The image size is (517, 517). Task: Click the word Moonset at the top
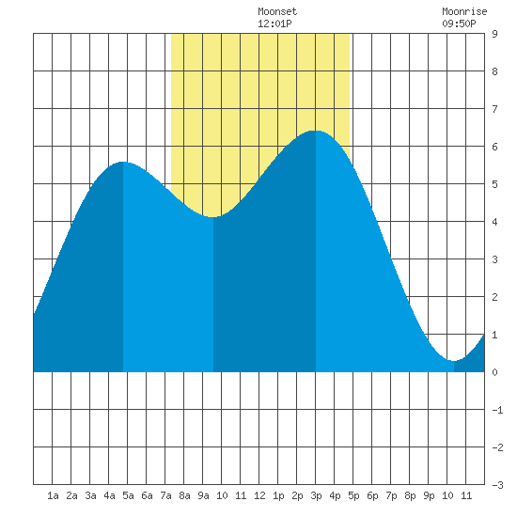coord(277,11)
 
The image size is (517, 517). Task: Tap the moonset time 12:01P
coord(274,23)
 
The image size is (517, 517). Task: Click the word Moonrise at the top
coord(464,11)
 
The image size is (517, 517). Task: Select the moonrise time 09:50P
coord(459,23)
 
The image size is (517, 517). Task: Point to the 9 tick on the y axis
coord(494,34)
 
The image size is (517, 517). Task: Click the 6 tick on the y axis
coord(494,147)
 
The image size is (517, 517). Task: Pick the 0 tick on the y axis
coord(494,372)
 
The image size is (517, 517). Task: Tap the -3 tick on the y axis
coord(497,485)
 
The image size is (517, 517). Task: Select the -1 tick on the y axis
coord(497,410)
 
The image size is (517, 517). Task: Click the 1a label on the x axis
coord(53,495)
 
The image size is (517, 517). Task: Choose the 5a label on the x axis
coord(128,495)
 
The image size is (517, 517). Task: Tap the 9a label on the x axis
coord(203,495)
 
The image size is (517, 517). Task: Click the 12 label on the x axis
coord(259,495)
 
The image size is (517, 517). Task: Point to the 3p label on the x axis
coord(316,495)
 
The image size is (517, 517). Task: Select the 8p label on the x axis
coord(410,495)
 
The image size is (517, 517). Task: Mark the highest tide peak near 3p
coord(316,131)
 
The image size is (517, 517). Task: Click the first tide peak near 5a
coord(123,162)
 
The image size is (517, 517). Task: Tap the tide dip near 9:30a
coord(213,217)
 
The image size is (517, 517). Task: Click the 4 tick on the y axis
coord(494,222)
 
